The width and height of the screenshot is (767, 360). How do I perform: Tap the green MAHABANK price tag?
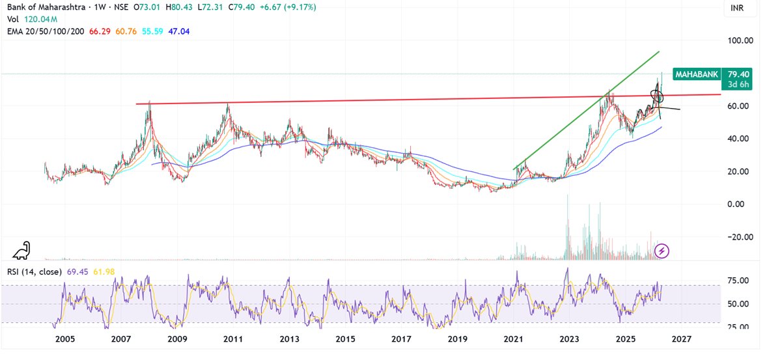[x=696, y=74]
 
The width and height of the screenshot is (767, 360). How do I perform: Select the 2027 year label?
[x=681, y=339]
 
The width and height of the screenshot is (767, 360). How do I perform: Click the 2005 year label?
[x=64, y=339]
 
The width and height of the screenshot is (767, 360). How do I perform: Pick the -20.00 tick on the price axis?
[x=740, y=237]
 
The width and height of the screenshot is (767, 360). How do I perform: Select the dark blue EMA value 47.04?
[x=172, y=31]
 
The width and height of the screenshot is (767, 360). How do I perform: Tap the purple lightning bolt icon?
[x=662, y=251]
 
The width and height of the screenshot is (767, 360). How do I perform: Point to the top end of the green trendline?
[x=660, y=51]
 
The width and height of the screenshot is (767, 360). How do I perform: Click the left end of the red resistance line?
[x=136, y=104]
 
